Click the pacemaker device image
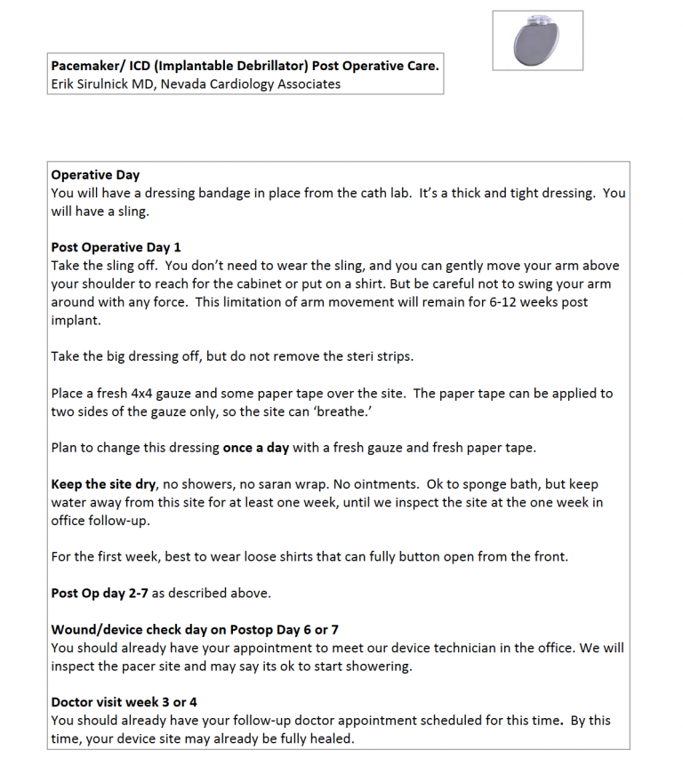tap(537, 41)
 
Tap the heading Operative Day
tap(95, 175)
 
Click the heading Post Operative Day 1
tap(116, 247)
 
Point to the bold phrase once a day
tap(255, 447)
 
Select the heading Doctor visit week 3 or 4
tap(125, 702)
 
